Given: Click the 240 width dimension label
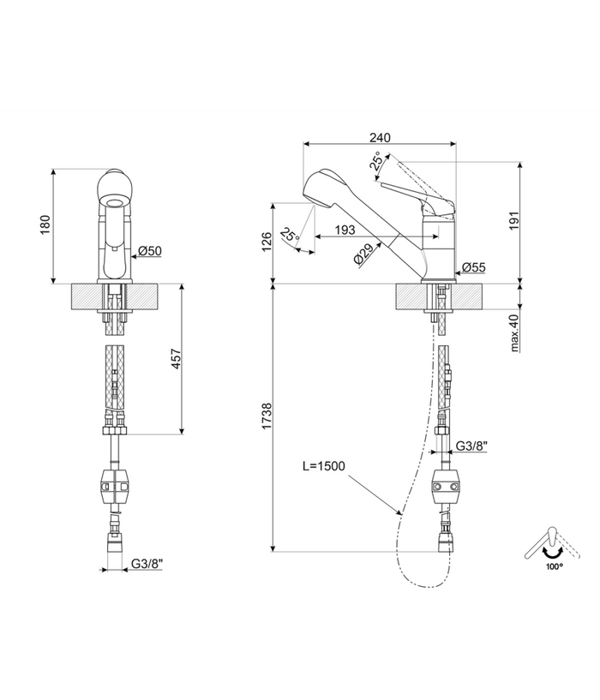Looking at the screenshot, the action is click(x=380, y=137).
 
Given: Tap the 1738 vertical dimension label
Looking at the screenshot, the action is click(x=267, y=416).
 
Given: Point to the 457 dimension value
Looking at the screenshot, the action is click(x=176, y=358).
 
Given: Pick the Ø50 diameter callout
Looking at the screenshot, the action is click(x=150, y=251).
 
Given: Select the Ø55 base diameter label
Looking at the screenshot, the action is click(x=473, y=267).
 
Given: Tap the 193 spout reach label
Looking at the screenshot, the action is click(x=345, y=230).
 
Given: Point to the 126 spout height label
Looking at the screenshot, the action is click(x=267, y=242).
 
